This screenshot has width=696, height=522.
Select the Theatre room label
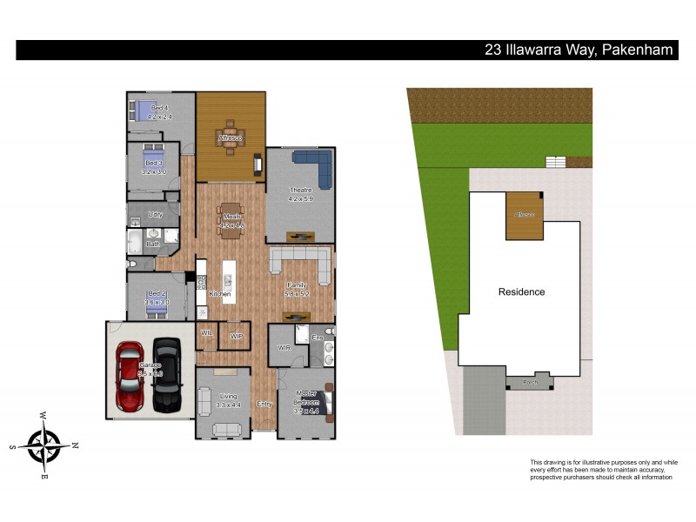[299, 191]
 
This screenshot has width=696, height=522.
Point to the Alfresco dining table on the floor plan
[231, 137]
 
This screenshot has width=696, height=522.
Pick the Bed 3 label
[153, 164]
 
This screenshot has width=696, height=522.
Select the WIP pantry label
[236, 336]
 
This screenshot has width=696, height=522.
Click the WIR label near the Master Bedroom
[283, 347]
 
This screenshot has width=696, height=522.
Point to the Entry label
[264, 404]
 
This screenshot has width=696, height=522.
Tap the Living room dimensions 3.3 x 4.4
[228, 405]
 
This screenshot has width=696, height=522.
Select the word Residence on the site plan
[521, 291]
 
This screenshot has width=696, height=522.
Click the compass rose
[43, 445]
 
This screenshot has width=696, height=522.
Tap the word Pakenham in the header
[637, 50]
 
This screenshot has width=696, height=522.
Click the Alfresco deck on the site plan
[525, 217]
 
